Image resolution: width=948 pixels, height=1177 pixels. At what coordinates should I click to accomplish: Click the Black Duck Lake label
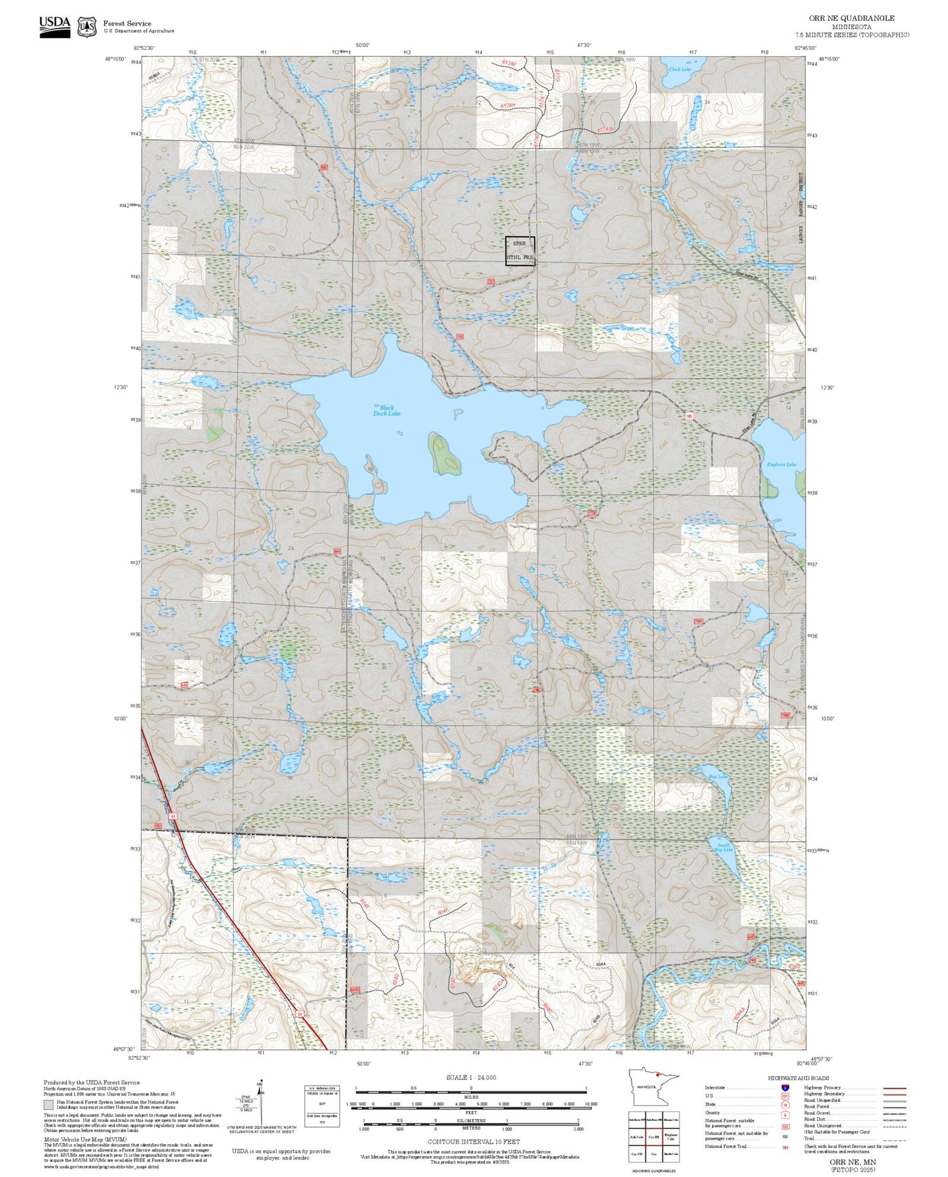coord(386,411)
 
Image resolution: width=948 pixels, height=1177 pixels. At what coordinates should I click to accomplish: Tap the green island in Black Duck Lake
coord(444,454)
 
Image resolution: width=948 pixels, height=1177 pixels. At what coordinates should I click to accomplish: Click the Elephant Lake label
coord(781,465)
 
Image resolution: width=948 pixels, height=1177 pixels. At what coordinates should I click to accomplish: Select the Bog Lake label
coord(718,777)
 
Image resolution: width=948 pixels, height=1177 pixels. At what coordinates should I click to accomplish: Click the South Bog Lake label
coord(723,848)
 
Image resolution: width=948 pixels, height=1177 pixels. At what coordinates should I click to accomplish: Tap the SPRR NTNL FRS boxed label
coord(520,251)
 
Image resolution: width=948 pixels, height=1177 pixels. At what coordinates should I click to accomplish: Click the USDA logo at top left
coord(55,26)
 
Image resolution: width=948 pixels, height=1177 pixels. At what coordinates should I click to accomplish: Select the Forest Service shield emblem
coord(87,27)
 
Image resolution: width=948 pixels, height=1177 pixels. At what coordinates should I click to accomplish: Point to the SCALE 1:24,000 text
coord(471,1077)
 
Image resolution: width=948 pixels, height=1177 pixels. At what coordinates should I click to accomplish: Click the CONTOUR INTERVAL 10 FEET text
coord(473,1142)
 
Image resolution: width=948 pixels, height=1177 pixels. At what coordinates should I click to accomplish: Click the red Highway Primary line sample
coord(893,1089)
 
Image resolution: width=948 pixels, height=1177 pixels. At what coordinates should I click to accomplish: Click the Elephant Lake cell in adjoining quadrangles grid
coord(671,1136)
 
